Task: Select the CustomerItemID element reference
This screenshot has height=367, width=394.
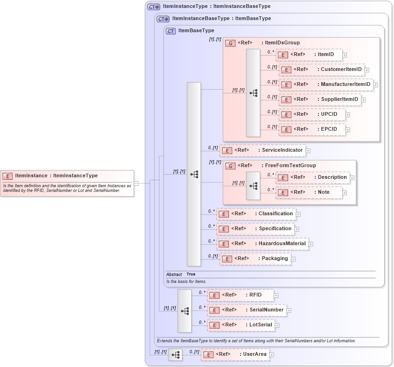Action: tap(322, 70)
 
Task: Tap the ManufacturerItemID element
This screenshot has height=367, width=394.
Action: tap(326, 85)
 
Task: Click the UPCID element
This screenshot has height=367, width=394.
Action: tap(312, 114)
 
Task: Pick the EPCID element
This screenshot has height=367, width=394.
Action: tap(312, 129)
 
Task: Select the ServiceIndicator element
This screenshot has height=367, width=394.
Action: tap(263, 150)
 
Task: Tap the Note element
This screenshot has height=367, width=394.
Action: tap(310, 192)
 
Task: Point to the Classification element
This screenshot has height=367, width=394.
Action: tap(256, 214)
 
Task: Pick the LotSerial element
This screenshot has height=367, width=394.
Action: tap(241, 325)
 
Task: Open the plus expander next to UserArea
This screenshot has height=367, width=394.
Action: tap(272, 355)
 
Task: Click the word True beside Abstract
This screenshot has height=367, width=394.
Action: tap(191, 275)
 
